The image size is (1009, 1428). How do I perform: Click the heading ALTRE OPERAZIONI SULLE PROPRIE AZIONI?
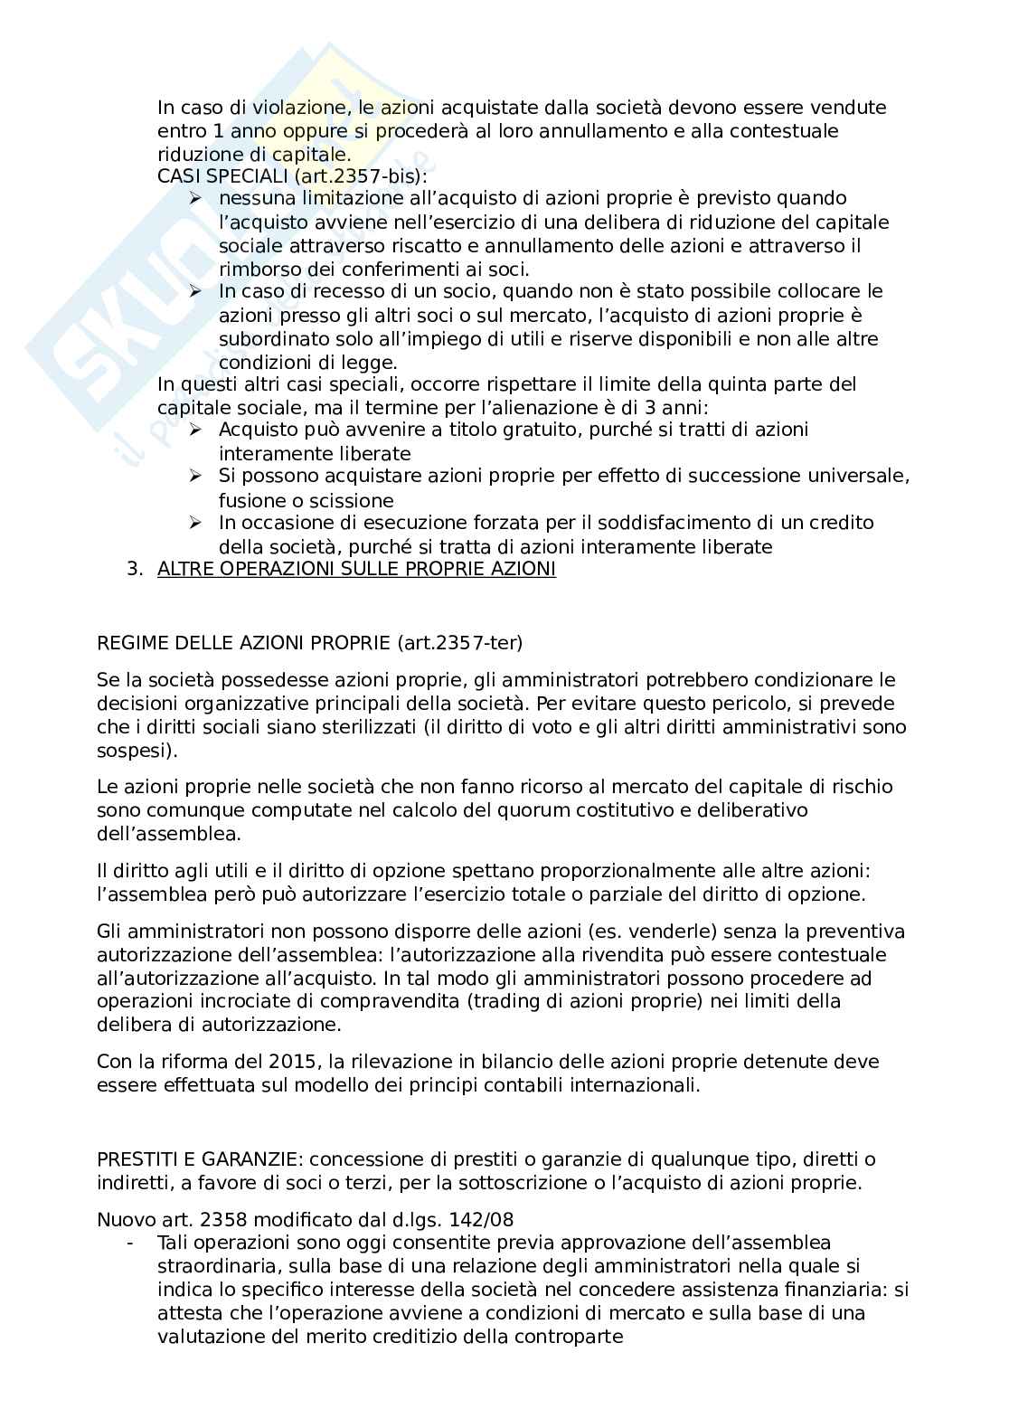(356, 570)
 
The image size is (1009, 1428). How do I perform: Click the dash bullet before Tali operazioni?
(132, 1243)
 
